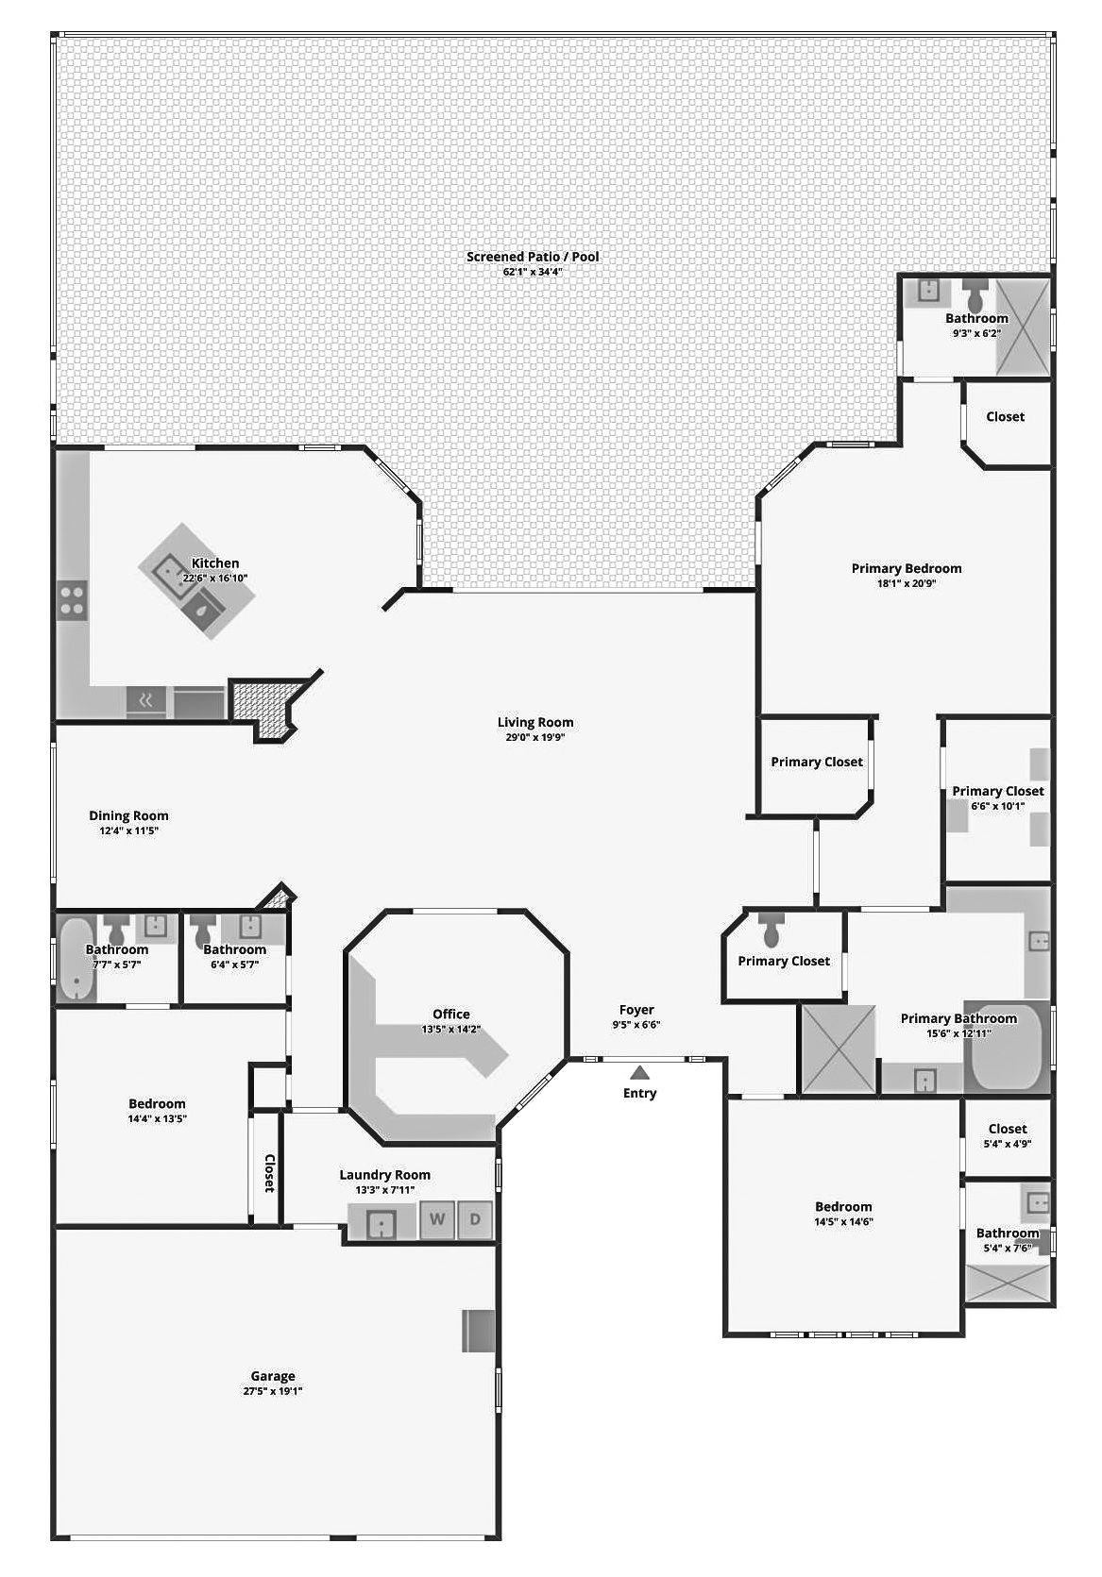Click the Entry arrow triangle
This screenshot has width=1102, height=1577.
639,1072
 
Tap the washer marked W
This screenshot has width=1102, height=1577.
437,1219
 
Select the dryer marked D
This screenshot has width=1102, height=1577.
475,1219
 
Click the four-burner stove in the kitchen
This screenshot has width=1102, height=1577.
72,600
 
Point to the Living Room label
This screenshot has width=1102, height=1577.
535,722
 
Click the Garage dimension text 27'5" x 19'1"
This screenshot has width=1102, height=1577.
273,1390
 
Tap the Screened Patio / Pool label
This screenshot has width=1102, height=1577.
533,257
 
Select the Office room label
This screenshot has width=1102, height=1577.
451,1014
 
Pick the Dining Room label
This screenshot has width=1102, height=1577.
128,816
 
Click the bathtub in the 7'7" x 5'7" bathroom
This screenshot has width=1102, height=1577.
76,958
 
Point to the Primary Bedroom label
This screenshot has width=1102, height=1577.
907,568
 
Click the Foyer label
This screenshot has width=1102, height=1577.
636,1010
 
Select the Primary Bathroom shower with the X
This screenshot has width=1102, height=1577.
839,1049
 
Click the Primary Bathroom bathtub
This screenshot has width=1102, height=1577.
1007,1048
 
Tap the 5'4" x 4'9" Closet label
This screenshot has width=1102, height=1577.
1007,1129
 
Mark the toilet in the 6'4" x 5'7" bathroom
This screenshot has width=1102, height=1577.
204,930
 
